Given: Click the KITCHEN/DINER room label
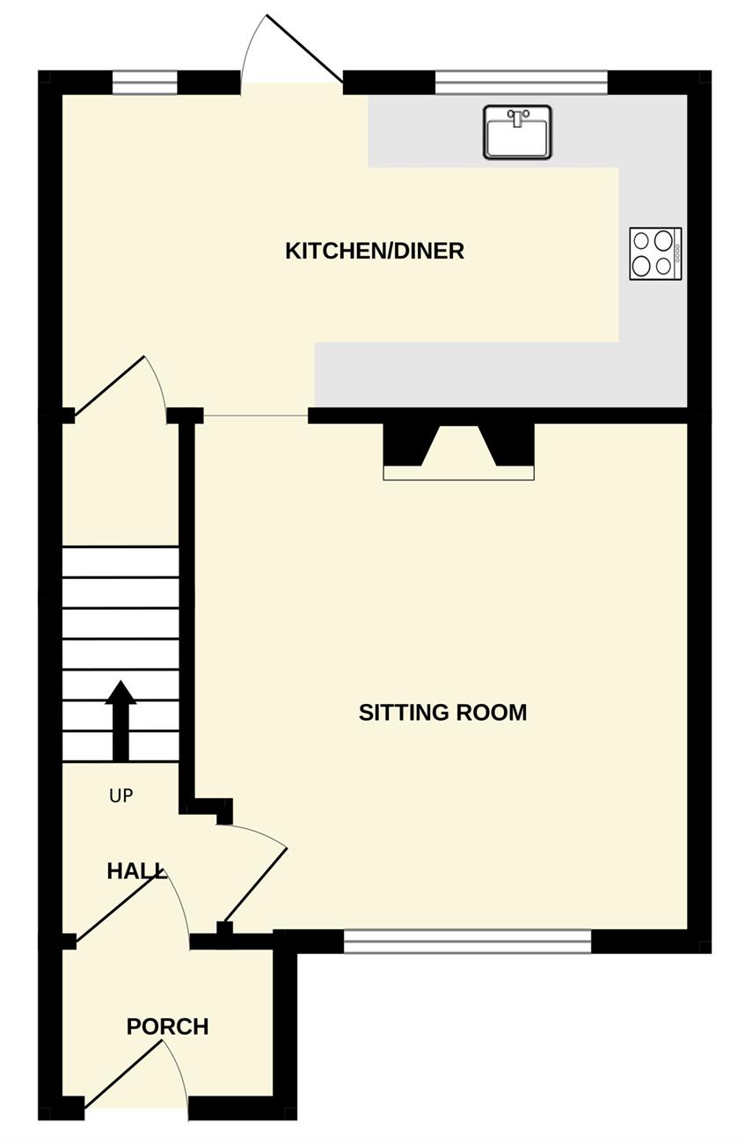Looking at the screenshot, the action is [375, 251].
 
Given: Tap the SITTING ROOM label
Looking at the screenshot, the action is [442, 712].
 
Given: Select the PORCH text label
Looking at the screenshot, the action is [167, 1026].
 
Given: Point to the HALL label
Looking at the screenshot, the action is [136, 871].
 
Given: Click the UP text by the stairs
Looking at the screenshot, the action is [121, 796].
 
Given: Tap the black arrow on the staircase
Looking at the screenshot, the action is [121, 720].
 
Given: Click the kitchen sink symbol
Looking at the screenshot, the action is [517, 131].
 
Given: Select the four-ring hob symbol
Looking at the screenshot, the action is [655, 253].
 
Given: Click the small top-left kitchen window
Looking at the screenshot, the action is [144, 82].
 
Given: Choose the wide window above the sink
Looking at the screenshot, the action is [521, 82].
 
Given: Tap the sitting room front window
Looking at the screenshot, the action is [467, 941].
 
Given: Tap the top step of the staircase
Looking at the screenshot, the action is [121, 561].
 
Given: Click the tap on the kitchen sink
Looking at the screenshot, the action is [517, 118].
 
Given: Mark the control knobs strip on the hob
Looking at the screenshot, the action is [677, 253].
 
